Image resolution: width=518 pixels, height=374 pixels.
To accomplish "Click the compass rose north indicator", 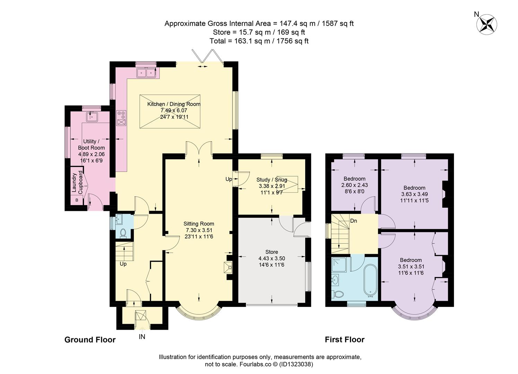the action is point(486,25).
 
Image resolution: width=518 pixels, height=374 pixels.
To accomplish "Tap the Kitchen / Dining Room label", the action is point(174,104).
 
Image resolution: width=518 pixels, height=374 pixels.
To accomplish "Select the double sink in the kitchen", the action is point(146,73).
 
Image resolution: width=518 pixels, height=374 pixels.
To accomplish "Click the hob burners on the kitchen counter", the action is point(121,115).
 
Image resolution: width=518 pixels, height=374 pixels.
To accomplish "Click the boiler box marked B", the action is point(77,200).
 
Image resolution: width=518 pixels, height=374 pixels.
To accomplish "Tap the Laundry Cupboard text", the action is point(77,182).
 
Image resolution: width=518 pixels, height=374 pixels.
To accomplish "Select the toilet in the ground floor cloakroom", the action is point(123,233).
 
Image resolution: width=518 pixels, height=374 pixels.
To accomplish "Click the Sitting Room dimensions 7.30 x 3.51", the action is point(199,230).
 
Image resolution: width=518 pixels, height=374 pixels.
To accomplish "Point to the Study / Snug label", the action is point(272,180).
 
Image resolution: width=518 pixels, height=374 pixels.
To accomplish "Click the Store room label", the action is point(272,252).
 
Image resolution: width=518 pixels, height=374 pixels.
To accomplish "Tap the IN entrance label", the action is point(142,337).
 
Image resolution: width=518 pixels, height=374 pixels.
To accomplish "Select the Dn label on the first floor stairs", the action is point(353,221).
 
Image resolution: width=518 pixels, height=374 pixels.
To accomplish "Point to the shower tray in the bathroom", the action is point(339,265).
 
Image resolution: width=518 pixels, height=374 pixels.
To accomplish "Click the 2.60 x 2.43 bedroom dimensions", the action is point(354,185).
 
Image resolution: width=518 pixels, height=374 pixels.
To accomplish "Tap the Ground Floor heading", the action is point(90,340).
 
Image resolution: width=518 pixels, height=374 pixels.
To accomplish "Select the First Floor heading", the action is point(345,340).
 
